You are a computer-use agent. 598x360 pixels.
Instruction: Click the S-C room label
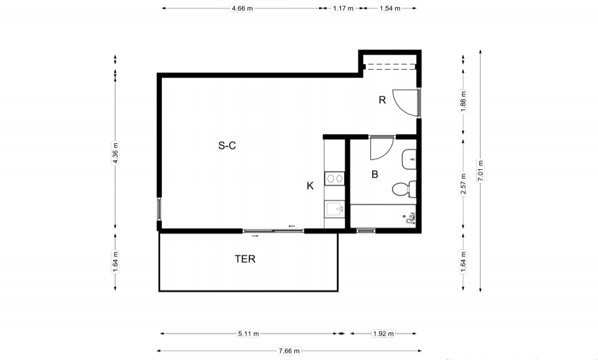(227, 145)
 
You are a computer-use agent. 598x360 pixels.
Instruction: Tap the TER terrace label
(245, 259)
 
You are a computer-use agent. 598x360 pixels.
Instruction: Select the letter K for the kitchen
(310, 186)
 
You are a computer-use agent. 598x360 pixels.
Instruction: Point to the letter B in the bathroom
(375, 175)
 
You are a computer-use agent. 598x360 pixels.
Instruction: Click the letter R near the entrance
(382, 100)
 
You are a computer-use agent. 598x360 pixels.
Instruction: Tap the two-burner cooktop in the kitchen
(334, 178)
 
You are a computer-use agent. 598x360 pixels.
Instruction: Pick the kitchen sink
(334, 209)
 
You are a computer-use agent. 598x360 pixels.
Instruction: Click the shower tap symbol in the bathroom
(409, 219)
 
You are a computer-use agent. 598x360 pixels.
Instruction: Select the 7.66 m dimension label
(289, 351)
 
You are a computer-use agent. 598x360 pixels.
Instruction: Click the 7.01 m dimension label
(480, 171)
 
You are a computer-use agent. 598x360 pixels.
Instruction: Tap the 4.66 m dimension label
(242, 8)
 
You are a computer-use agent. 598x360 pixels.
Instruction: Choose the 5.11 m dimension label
(248, 334)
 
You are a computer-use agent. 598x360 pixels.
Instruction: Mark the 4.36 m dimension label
(115, 153)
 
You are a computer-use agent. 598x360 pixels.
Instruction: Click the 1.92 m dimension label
(383, 334)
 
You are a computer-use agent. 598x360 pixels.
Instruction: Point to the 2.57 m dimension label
(464, 183)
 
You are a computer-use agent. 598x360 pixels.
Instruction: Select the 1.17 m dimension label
(343, 8)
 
